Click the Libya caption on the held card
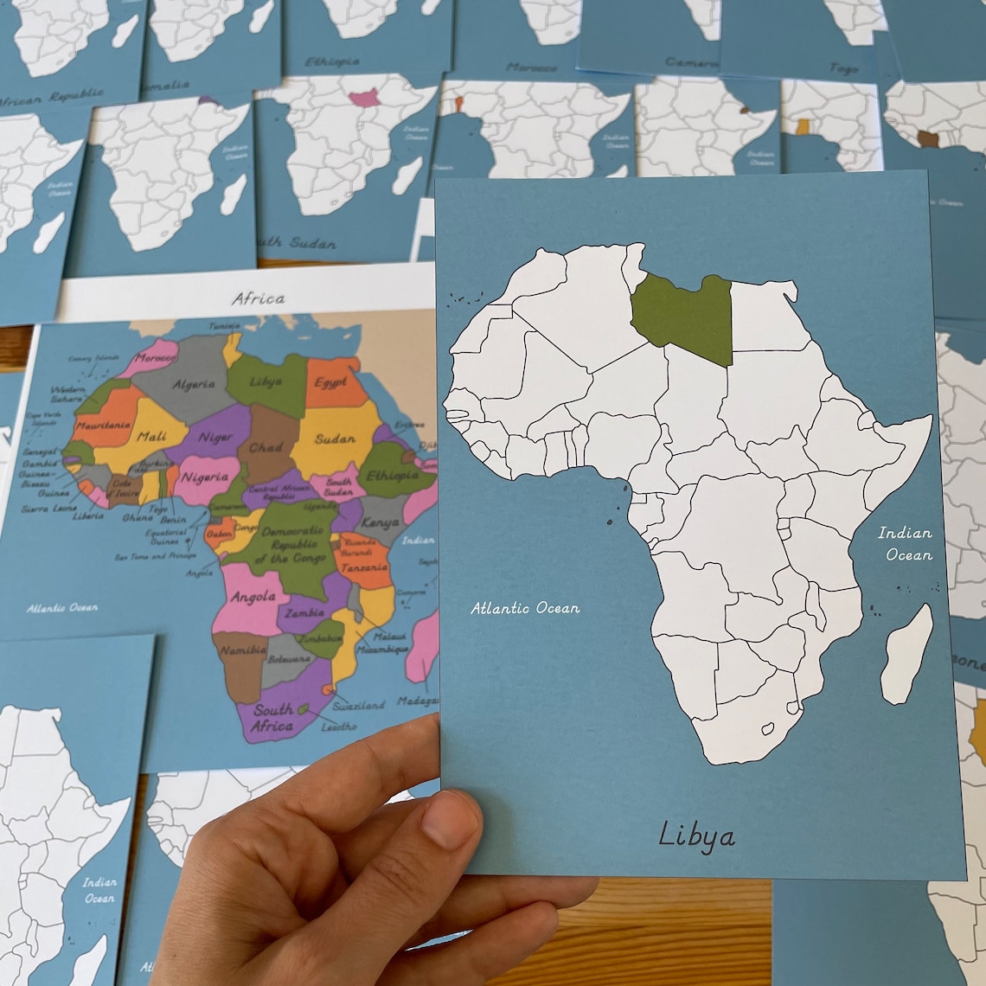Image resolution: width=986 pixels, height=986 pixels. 696,835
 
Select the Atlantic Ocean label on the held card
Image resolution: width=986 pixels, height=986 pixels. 525,608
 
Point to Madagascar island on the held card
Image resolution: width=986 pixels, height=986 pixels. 908,653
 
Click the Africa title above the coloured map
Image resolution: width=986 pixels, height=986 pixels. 258,298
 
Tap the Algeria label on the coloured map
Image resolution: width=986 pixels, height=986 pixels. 194,384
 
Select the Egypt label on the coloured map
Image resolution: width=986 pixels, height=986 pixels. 330,382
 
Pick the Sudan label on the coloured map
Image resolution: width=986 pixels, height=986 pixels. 335,439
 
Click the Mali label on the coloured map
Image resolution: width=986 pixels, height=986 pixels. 151,437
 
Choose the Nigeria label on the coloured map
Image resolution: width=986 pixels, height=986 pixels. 205,477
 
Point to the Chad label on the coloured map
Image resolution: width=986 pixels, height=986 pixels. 266,448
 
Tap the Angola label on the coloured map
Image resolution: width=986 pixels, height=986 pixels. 253,597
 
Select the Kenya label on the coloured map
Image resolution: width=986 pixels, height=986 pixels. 381,523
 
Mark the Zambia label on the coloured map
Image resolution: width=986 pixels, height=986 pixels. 304,612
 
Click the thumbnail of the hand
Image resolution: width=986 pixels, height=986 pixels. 451,817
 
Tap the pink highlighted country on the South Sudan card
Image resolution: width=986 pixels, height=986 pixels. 365,99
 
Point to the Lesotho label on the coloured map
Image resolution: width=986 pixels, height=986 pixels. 337,727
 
